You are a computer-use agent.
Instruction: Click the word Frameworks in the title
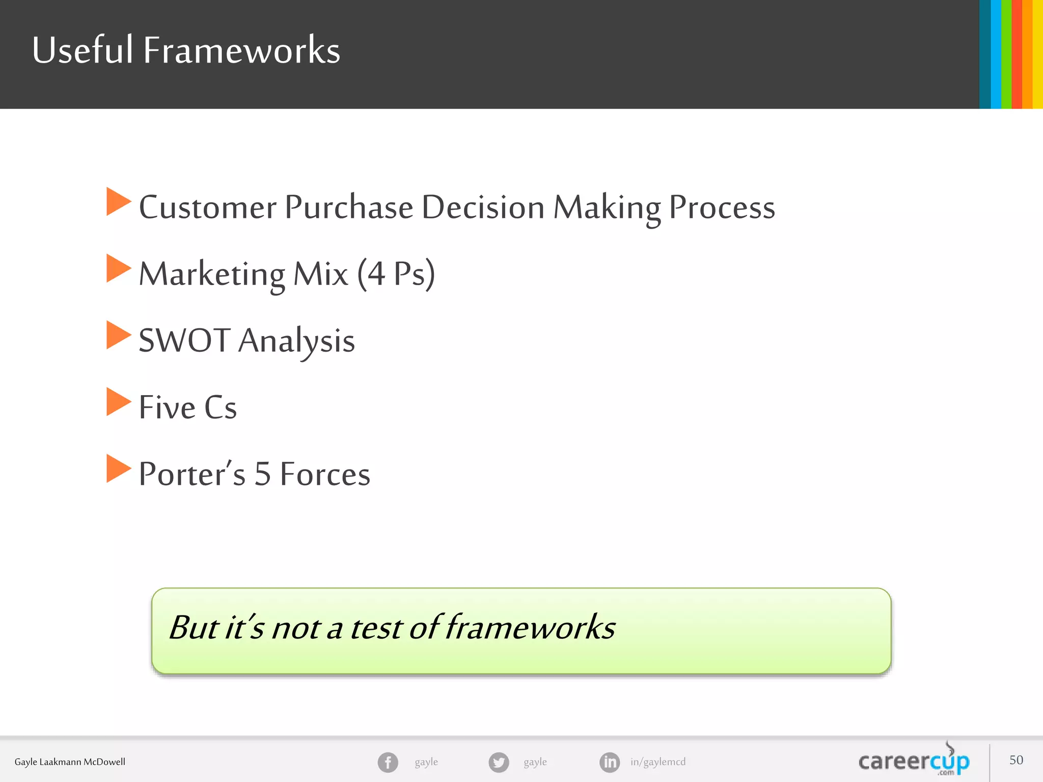(241, 50)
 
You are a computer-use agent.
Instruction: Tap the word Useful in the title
(82, 50)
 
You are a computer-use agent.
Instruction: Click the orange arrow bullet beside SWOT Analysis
(118, 335)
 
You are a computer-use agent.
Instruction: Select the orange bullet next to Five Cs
(118, 402)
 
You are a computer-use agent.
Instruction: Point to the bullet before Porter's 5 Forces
(118, 468)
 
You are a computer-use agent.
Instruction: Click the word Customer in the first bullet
(208, 207)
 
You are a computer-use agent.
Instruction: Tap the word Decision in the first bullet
(483, 207)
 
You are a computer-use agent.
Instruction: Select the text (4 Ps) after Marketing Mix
(396, 274)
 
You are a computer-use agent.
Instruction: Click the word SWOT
(184, 341)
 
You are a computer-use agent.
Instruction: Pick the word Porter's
(192, 474)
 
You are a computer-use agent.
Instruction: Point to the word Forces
(325, 474)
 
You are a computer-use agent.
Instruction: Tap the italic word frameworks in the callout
(530, 627)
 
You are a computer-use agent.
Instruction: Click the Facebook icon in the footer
(388, 762)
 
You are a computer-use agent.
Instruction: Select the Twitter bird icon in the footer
(499, 762)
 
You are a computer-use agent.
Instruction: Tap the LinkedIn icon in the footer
(610, 762)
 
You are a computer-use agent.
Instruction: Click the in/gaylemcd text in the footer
(658, 762)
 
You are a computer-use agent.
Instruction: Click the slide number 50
(1016, 760)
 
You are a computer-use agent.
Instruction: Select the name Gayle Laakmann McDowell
(70, 762)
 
